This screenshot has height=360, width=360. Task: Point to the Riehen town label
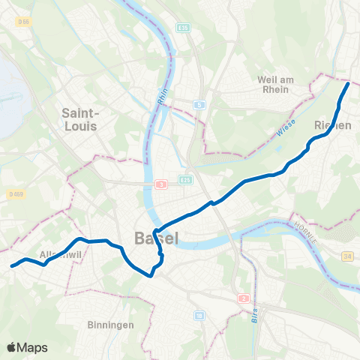click(333, 126)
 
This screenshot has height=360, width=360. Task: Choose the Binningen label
click(110, 325)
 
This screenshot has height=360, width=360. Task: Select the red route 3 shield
click(160, 184)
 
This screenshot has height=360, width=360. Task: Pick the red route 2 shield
click(243, 298)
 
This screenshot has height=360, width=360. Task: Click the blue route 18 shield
click(199, 315)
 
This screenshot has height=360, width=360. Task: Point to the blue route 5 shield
click(199, 105)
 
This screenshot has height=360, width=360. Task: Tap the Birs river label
click(253, 315)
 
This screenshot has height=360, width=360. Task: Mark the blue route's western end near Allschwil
click(12, 265)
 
